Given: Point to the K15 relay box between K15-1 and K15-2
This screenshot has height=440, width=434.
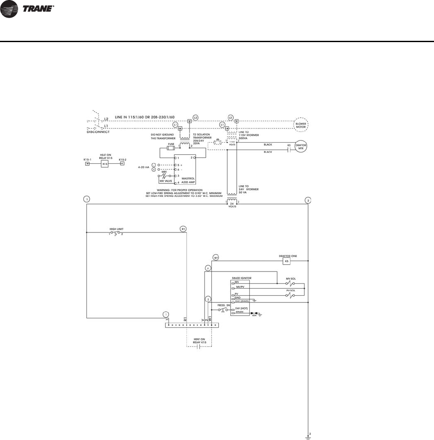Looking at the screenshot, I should tap(104, 164).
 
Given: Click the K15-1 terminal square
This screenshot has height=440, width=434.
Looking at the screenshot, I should tap(87, 164).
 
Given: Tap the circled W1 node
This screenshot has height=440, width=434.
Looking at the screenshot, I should tap(216, 257).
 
